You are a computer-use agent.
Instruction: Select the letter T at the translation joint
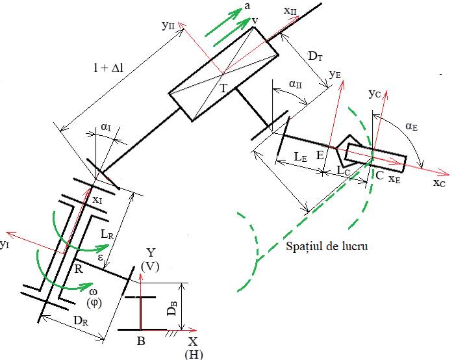coord(223,86)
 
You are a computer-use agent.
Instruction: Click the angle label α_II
coord(294,86)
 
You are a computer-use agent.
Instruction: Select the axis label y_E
coord(335,75)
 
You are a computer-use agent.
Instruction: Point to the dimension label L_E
coord(299,157)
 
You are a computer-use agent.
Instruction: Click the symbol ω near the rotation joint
coord(92,292)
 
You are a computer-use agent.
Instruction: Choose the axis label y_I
coord(6,244)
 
